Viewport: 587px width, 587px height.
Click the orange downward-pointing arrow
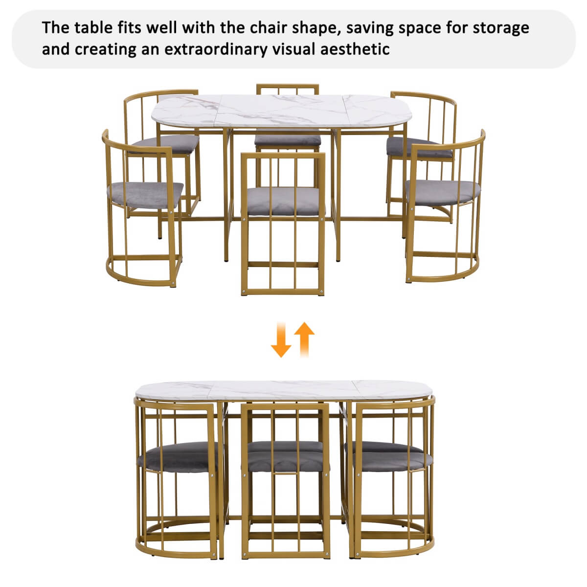coord(281,339)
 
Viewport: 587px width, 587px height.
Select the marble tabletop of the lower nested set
coord(284,389)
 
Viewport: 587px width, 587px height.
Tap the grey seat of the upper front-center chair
coord(283,201)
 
